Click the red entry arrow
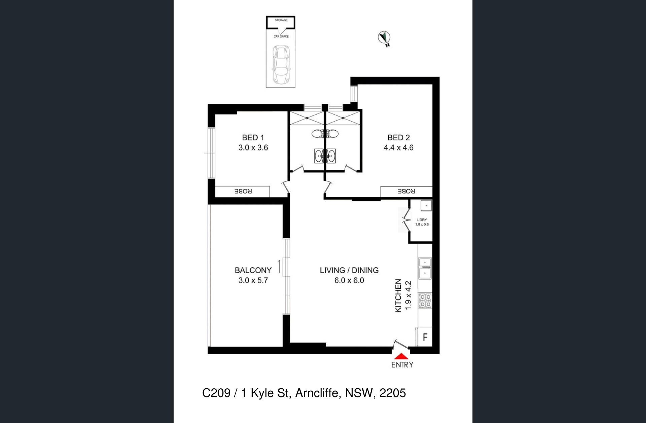(x=401, y=356)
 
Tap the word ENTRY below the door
(x=402, y=365)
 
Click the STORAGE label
(x=281, y=20)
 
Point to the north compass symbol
(x=384, y=38)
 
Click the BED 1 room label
(x=253, y=137)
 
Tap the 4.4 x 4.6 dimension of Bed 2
(x=399, y=148)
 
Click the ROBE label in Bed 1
(x=243, y=191)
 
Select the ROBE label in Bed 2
(x=406, y=191)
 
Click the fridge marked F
(x=425, y=337)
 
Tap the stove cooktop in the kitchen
(x=425, y=301)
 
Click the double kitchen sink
(x=425, y=268)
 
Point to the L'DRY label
(x=422, y=220)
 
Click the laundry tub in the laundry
(x=426, y=205)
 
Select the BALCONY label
(x=253, y=270)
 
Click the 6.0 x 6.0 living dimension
(x=349, y=280)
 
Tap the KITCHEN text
(x=398, y=296)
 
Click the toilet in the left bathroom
(x=318, y=134)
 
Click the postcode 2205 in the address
(x=393, y=393)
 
